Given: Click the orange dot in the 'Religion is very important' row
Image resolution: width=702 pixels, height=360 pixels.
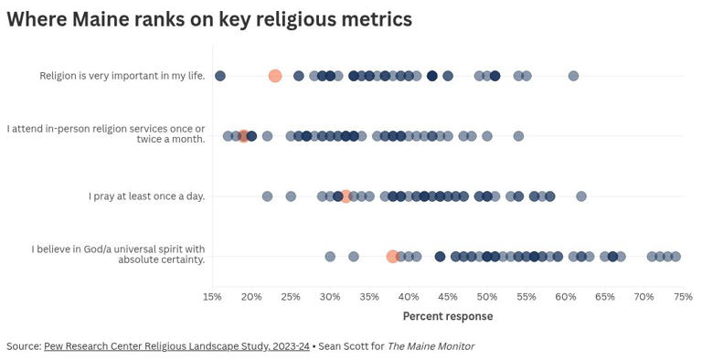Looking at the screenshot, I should [275, 76].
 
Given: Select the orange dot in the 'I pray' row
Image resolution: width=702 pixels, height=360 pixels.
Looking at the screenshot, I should [346, 196].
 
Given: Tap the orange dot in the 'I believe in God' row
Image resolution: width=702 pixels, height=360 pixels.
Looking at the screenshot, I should [392, 257].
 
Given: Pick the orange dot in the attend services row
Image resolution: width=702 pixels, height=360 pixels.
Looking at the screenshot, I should [243, 136].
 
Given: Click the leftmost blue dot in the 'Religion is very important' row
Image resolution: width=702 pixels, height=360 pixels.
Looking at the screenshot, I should [220, 76].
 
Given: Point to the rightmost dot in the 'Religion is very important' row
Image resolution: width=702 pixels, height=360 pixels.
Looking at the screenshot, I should [573, 76].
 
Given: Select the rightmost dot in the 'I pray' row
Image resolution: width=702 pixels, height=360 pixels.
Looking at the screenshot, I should [581, 196].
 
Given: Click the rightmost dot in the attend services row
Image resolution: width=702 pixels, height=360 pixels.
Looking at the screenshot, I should [518, 136].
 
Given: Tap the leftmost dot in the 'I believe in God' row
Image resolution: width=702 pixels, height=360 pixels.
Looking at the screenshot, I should [330, 257].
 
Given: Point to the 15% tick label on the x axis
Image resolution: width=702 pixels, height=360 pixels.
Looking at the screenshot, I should [212, 297].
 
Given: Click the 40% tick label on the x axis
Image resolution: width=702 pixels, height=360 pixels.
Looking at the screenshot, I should [409, 297].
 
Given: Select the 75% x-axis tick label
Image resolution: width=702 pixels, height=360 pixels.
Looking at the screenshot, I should [683, 297].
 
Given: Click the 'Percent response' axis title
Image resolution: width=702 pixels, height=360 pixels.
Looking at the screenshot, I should [448, 316].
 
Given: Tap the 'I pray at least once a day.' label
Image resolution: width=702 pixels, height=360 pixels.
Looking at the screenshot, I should [146, 196].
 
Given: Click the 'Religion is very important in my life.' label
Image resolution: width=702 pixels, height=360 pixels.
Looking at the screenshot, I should [122, 76].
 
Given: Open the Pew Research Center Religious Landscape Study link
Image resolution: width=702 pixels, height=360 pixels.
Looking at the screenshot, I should [176, 346].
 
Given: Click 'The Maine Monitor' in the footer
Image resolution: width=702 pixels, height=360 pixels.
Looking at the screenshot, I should [431, 346].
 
